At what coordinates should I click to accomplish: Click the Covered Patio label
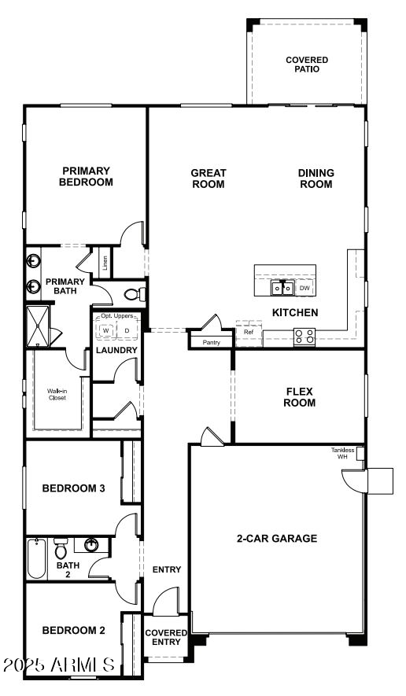coord(307,64)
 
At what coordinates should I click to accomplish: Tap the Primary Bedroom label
coord(87,176)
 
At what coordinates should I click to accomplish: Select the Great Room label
coord(209,179)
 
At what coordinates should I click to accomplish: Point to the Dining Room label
coord(316,179)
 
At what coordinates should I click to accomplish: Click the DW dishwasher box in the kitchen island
coord(304,289)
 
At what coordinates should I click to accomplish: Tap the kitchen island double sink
coord(282,289)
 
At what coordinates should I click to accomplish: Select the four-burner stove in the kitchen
coord(304,337)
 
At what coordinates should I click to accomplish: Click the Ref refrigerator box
coord(249,333)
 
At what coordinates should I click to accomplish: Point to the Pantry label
coord(212,342)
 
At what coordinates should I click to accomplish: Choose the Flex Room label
coord(301,396)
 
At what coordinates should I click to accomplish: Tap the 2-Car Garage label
coord(277,539)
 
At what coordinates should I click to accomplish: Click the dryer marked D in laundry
coord(127,330)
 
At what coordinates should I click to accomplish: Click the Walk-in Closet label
coord(56,393)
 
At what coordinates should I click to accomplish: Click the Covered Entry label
coord(167,637)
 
